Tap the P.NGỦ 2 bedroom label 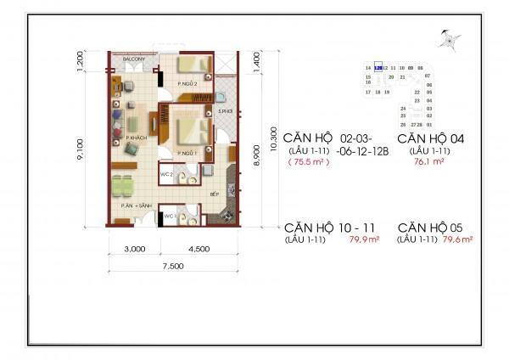[x=187, y=84]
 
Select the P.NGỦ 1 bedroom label [x=188, y=153]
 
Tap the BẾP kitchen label [x=215, y=194]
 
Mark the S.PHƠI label [x=224, y=112]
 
